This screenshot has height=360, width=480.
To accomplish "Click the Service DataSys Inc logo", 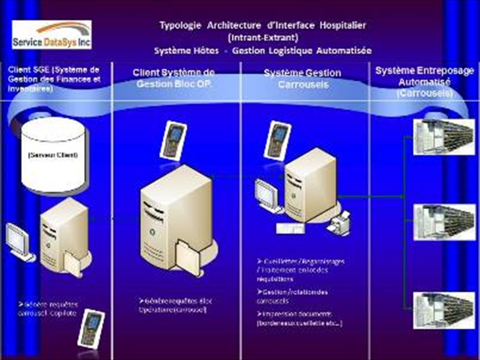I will click(x=52, y=34).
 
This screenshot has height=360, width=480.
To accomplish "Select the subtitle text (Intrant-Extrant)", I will click(x=262, y=37).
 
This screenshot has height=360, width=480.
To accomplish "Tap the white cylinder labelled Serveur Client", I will click(x=53, y=154).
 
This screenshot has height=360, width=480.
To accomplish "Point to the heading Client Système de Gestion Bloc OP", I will click(x=173, y=78).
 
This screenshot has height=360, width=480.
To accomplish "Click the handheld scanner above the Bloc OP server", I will click(x=173, y=140).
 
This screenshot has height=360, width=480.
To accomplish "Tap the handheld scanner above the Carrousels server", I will click(x=278, y=140).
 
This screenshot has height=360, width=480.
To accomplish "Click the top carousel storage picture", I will click(x=443, y=136).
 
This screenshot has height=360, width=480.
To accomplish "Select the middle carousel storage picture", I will click(x=443, y=221).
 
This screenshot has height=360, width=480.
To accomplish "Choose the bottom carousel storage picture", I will click(x=443, y=310).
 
